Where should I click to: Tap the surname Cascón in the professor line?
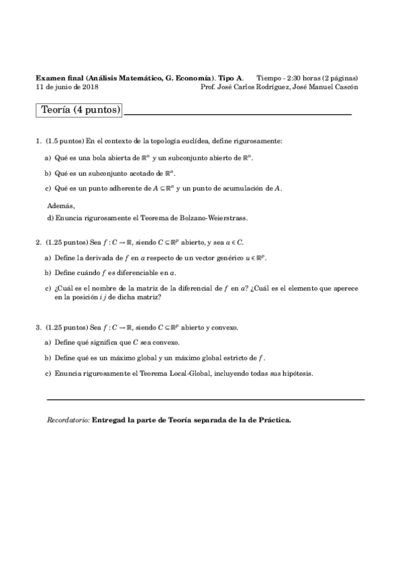coord(345,87)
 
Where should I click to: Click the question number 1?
coord(38,142)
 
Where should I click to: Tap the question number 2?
coord(38,242)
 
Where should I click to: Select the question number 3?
coord(38,328)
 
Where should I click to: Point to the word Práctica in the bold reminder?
coord(273,420)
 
